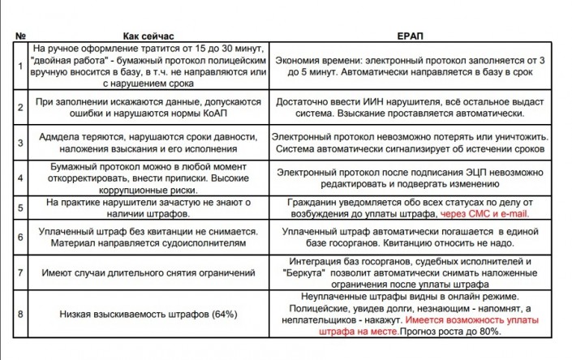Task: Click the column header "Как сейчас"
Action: pyautogui.click(x=148, y=36)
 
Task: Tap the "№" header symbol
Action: pyautogui.click(x=21, y=36)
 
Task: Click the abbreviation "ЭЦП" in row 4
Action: pyautogui.click(x=497, y=172)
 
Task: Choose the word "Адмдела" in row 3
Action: pyautogui.click(x=61, y=137)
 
